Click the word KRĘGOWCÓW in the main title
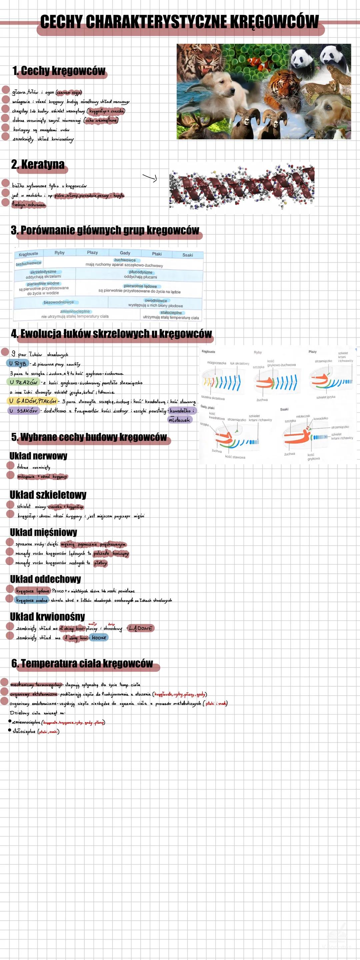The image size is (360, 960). click(x=274, y=22)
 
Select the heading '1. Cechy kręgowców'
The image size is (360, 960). click(x=59, y=71)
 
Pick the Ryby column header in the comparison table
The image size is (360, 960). click(x=60, y=253)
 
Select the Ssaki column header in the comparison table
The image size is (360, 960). click(x=187, y=255)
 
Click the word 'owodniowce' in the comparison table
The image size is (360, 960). click(x=156, y=300)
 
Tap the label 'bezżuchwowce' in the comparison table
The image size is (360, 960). click(x=29, y=263)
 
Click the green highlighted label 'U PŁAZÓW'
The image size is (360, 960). click(x=23, y=382)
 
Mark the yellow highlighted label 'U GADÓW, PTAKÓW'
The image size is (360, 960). click(x=32, y=401)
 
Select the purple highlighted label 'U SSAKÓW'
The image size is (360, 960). click(x=23, y=411)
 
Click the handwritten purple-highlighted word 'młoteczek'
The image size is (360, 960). click(x=179, y=420)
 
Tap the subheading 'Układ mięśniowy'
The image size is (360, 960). click(x=44, y=532)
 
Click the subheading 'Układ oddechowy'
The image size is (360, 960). click(x=45, y=579)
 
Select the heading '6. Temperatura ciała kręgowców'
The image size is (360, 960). click(x=82, y=663)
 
